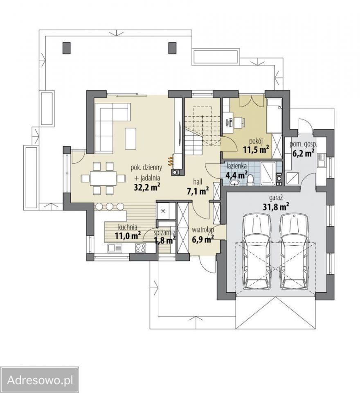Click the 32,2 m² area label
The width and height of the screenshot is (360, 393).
coord(147,187)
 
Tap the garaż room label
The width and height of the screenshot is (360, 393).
coord(276,198)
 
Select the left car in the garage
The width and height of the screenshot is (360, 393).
coord(257,252)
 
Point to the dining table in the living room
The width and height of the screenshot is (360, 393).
coord(103,178)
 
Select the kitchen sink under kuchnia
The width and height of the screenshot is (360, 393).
coord(115,248)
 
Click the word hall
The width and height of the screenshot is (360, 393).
coord(198,181)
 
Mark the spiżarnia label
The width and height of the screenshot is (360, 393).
coord(165,232)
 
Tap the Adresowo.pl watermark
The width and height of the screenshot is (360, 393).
coord(40,380)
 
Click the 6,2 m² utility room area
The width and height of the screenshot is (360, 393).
coord(304,152)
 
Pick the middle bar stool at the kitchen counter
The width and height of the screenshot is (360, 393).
coord(110,206)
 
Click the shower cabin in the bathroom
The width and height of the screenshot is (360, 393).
coord(268,174)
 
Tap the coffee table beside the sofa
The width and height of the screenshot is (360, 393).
coord(131,138)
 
